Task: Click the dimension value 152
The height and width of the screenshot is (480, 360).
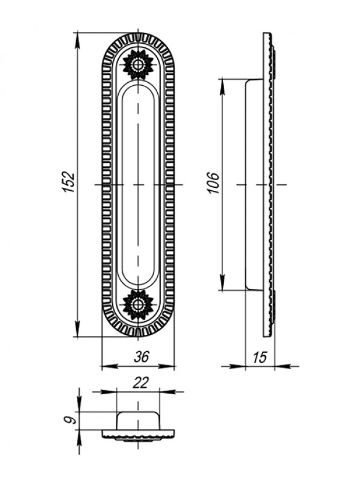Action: click(69, 182)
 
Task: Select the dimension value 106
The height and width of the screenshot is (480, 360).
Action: click(214, 183)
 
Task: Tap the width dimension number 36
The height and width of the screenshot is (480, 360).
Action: click(141, 357)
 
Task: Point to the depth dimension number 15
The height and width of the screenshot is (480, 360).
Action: click(260, 357)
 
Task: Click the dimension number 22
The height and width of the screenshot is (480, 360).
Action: click(140, 383)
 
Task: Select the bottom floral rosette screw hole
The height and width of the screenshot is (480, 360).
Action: click(138, 305)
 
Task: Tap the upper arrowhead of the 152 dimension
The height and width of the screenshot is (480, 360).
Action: click(78, 40)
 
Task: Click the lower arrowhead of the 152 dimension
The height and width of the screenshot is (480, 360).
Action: click(78, 328)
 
